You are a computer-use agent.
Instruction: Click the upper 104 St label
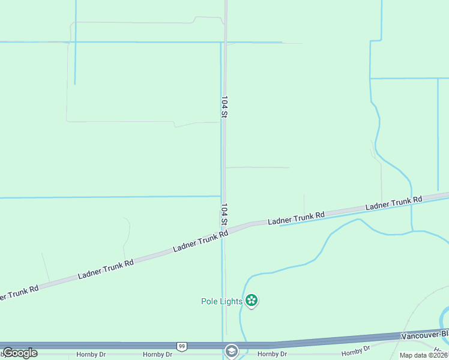pyautogui.click(x=224, y=107)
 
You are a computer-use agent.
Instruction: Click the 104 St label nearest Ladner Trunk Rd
pyautogui.click(x=224, y=215)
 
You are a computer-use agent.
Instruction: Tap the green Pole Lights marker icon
pyautogui.click(x=252, y=301)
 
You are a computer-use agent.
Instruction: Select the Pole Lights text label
pyautogui.click(x=221, y=301)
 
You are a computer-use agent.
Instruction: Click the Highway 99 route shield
pyautogui.click(x=181, y=346)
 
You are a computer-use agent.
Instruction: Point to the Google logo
pyautogui.click(x=20, y=353)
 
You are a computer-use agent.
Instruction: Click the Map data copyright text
pyautogui.click(x=424, y=355)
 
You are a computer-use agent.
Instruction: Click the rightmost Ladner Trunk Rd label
pyautogui.click(x=394, y=203)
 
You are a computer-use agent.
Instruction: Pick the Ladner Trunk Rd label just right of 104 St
pyautogui.click(x=296, y=218)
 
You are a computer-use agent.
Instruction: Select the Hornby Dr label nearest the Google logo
pyautogui.click(x=91, y=355)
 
